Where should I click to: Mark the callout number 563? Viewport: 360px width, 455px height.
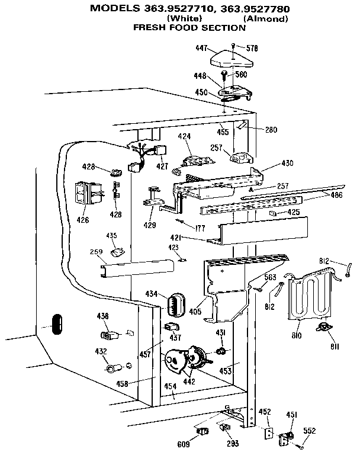click(270, 277)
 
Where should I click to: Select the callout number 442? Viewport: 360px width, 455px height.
click(189, 383)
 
